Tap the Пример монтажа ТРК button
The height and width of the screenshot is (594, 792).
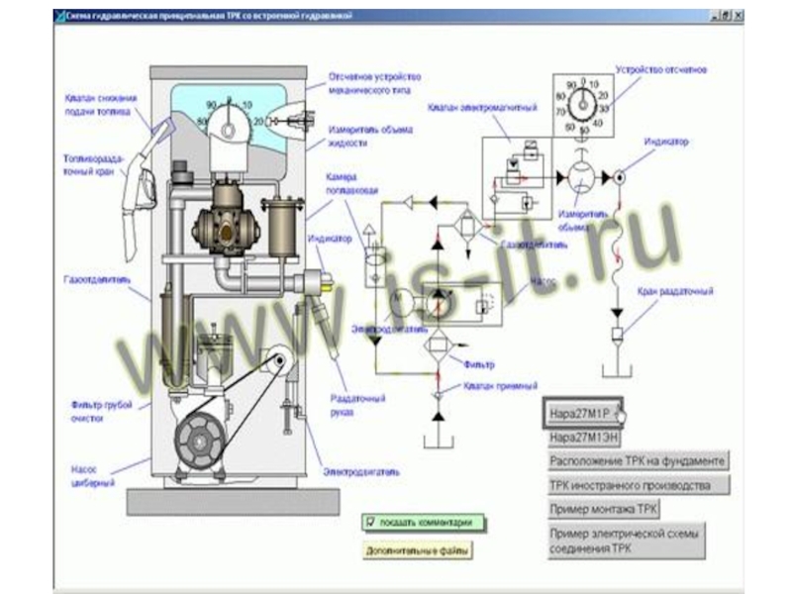pos(604,509)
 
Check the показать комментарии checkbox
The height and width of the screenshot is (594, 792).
pos(370,522)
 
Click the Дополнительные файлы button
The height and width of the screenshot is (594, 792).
pos(418,549)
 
